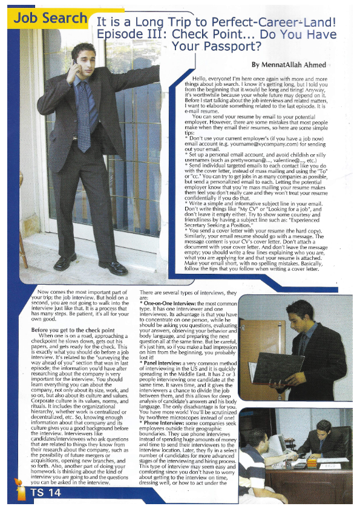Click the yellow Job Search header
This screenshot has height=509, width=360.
51,18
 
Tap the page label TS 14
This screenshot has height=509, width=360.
46,493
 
